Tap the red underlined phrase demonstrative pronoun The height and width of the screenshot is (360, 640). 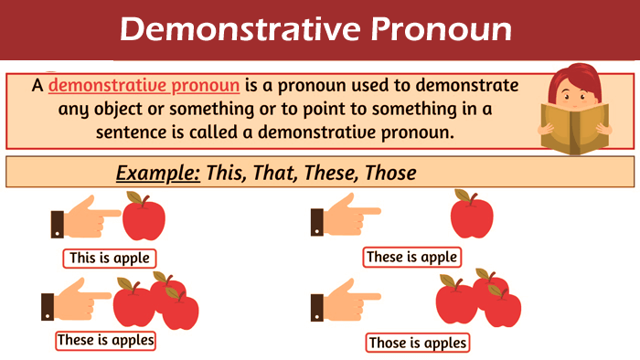pyautogui.click(x=144, y=86)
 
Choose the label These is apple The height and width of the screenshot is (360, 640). pyautogui.click(x=411, y=257)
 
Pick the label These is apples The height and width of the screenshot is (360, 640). pyautogui.click(x=105, y=340)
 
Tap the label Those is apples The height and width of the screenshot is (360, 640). pyautogui.click(x=418, y=343)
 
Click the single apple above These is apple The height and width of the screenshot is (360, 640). pyautogui.click(x=472, y=217)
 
